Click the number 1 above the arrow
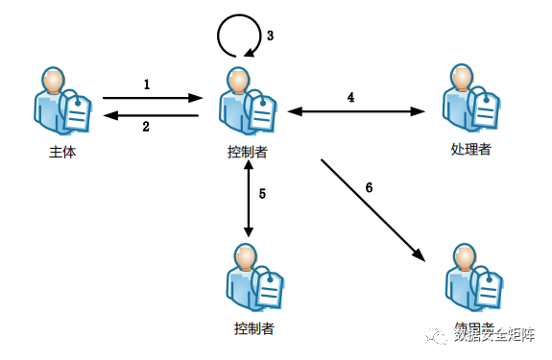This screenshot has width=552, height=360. point(147,84)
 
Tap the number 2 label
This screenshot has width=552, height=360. point(147,127)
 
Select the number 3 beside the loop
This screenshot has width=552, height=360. point(270,36)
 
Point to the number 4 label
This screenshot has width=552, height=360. point(350,97)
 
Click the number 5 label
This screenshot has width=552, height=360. point(262,194)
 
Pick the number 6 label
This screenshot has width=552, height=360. point(369,186)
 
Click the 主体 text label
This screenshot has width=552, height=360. point(63,152)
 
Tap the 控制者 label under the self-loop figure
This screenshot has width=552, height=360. point(248,152)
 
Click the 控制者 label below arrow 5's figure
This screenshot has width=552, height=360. point(254,329)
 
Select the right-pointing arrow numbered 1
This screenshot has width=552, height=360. point(152,97)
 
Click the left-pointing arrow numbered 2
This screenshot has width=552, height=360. point(152,115)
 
